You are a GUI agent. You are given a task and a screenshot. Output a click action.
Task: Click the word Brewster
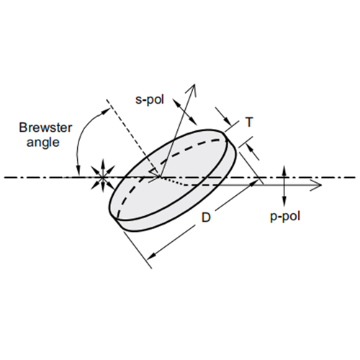(45, 127)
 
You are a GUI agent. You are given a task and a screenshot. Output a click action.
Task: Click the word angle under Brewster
(43, 143)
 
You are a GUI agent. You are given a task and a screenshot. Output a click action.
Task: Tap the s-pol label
(150, 99)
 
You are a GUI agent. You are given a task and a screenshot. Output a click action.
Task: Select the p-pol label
(285, 217)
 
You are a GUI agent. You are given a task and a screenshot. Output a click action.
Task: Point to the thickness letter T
(249, 122)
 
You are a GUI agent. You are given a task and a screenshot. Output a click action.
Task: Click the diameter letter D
(206, 217)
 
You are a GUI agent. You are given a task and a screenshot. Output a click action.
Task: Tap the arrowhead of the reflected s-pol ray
(193, 90)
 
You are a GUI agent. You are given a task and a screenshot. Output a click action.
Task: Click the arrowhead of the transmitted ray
(315, 185)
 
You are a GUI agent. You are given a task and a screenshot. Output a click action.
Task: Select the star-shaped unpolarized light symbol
(103, 178)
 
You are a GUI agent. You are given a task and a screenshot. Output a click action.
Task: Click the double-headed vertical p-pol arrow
(284, 186)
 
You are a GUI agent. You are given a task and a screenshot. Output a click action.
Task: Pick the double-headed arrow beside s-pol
(184, 112)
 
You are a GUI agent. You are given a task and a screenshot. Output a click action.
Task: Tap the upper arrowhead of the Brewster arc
(107, 111)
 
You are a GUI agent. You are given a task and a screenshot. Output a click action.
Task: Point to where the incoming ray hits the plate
(161, 177)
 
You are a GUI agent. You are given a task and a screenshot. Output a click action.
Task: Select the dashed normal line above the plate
(133, 138)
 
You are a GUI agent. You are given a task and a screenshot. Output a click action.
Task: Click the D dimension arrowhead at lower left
(150, 256)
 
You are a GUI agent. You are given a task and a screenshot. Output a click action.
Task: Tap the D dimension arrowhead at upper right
(253, 184)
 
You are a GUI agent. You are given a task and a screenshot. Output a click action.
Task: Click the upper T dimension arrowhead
(228, 121)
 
